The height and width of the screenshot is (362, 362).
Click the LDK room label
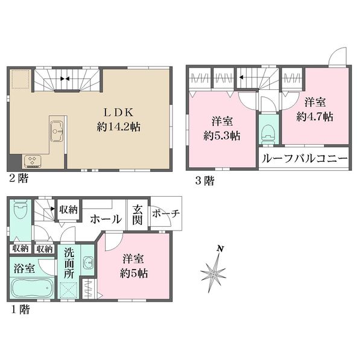(x=118, y=112)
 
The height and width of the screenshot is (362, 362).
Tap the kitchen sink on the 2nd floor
(x=57, y=131)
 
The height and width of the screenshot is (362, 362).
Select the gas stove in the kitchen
(x=32, y=161)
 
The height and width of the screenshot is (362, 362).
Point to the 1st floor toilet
(x=20, y=209)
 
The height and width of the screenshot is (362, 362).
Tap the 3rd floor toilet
(x=268, y=135)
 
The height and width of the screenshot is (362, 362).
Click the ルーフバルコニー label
(x=305, y=159)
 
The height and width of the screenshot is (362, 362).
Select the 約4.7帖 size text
(x=315, y=117)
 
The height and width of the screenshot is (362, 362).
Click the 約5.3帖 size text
(x=222, y=136)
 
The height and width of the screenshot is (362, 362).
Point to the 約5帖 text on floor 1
(x=134, y=273)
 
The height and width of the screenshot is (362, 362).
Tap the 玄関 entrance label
(x=137, y=215)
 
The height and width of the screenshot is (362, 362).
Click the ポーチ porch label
(x=166, y=214)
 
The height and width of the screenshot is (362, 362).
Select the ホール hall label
(x=106, y=219)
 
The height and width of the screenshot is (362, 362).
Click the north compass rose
(x=214, y=273)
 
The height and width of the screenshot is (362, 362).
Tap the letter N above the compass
(x=220, y=249)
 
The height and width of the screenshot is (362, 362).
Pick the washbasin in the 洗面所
(x=88, y=262)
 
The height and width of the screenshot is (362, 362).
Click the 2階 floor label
(x=19, y=179)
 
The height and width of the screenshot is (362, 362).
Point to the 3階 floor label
(x=205, y=181)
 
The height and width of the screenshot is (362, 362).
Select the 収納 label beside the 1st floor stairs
(x=68, y=209)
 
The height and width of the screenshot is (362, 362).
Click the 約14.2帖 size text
(x=118, y=127)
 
